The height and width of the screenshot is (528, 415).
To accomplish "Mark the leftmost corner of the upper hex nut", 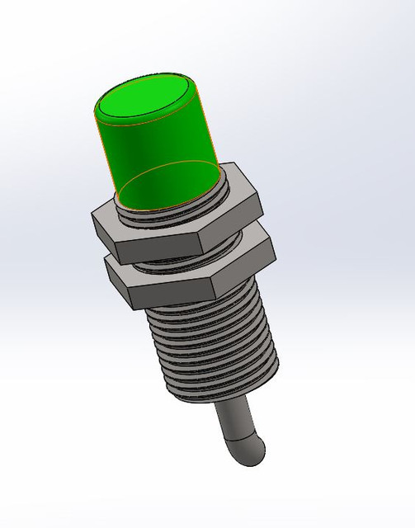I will click(91, 215).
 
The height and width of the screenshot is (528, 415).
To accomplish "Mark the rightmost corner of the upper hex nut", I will click(259, 198).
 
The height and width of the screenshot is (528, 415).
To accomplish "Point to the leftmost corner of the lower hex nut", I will click(105, 262).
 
